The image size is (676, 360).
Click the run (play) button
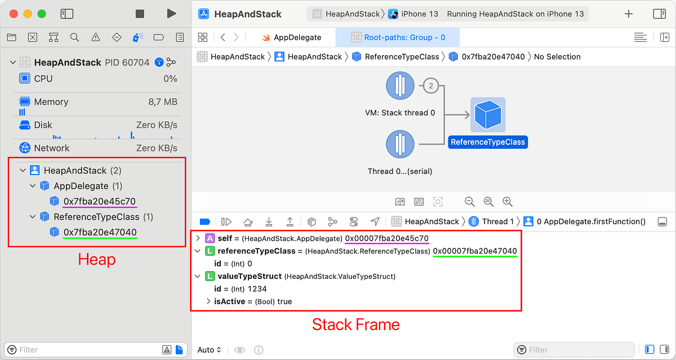click(x=171, y=14)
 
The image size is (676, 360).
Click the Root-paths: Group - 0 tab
click(x=398, y=37)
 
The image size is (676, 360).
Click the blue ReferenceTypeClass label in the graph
click(x=488, y=142)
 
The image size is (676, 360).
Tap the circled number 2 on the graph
click(x=431, y=86)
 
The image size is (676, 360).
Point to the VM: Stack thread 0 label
click(x=400, y=113)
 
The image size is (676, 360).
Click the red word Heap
click(x=96, y=260)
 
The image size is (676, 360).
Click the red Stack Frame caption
click(x=355, y=325)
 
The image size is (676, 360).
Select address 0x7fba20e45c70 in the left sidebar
click(x=100, y=202)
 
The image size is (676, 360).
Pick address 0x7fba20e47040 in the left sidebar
click(x=100, y=232)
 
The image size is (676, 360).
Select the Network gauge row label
click(x=52, y=148)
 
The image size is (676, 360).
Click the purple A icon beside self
click(x=210, y=238)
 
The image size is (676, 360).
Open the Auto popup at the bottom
click(x=210, y=350)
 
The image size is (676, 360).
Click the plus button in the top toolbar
click(x=629, y=14)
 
